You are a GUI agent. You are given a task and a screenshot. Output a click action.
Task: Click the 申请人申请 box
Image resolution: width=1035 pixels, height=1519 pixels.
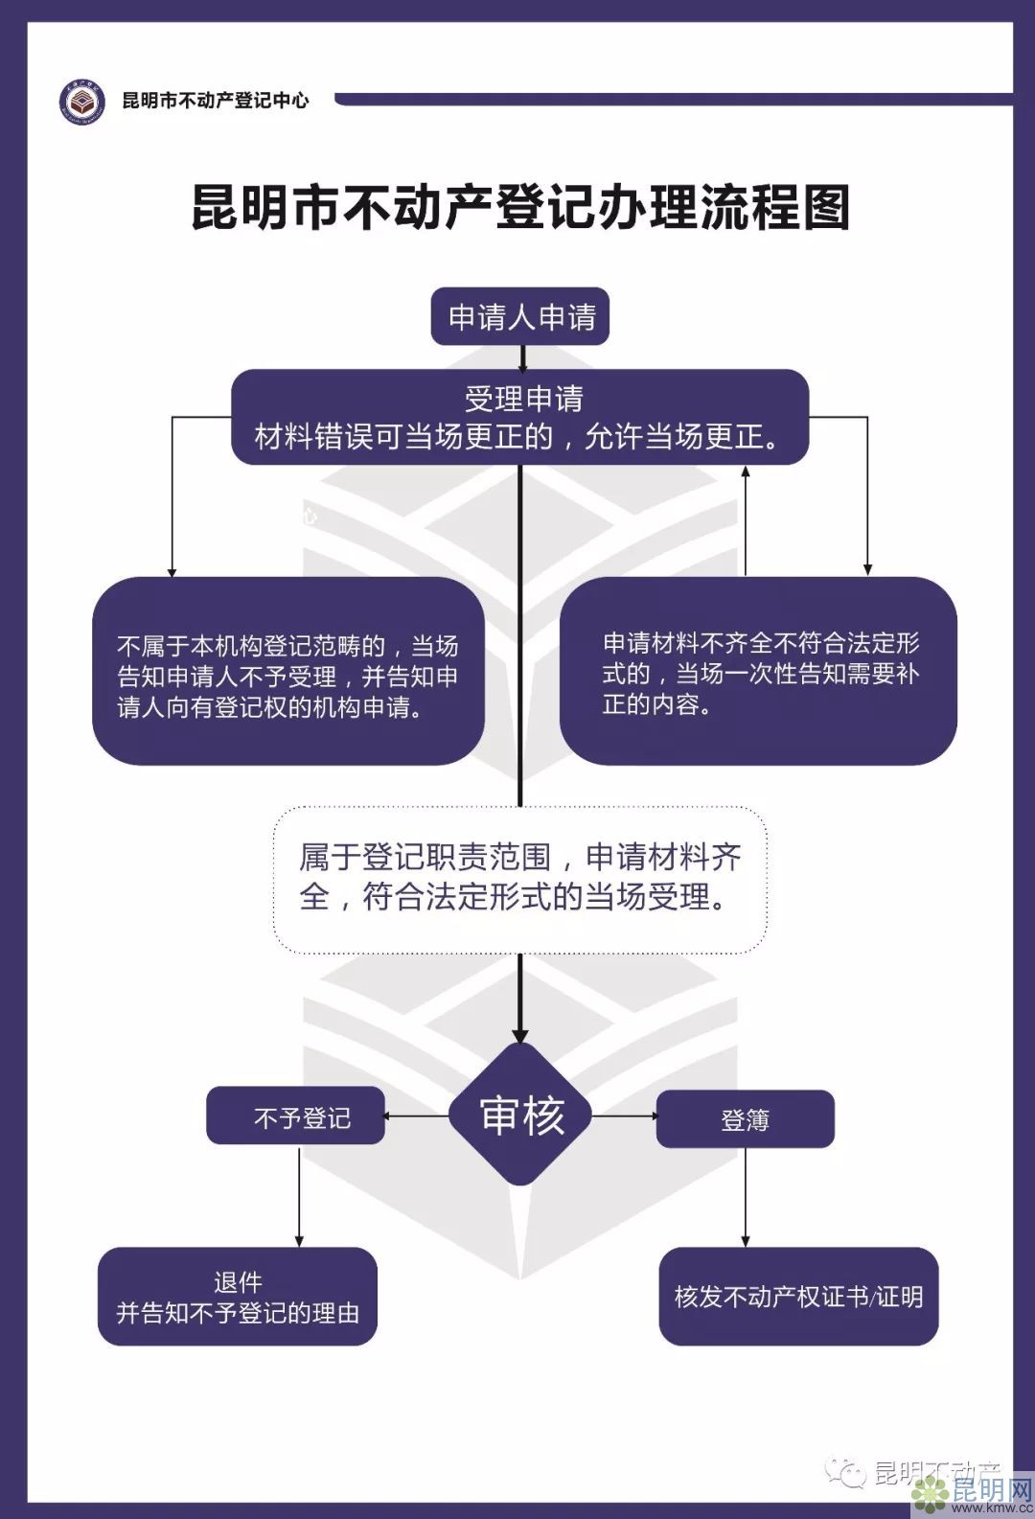click(x=520, y=316)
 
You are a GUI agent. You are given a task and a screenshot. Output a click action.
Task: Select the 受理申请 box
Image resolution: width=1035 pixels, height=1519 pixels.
click(x=520, y=417)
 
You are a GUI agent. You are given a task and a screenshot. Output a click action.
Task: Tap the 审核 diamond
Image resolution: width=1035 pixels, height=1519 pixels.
click(x=520, y=1115)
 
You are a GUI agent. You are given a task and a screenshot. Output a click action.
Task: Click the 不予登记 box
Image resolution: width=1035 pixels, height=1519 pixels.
click(x=295, y=1116)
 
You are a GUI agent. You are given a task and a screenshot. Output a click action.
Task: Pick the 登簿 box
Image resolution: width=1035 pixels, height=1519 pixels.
click(x=745, y=1118)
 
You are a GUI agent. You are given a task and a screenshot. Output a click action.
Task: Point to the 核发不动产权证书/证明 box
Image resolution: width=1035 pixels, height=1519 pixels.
click(x=798, y=1296)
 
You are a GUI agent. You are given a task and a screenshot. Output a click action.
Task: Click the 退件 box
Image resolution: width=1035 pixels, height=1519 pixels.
click(x=238, y=1296)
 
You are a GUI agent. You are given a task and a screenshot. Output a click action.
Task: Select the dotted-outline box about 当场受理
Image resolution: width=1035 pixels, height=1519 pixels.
click(x=520, y=879)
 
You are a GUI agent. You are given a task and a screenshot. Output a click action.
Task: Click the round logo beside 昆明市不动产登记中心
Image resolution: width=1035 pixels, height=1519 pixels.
click(x=81, y=101)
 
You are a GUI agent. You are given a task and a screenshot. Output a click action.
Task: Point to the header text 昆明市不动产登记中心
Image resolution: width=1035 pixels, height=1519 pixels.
click(x=216, y=101)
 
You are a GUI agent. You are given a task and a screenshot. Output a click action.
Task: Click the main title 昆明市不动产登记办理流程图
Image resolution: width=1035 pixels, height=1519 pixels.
click(x=520, y=207)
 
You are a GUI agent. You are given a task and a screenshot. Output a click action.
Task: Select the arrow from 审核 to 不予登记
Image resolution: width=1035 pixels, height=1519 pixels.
click(x=417, y=1116)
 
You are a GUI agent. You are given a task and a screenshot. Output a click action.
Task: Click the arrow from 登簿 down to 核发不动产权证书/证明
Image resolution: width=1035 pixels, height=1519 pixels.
click(x=745, y=1198)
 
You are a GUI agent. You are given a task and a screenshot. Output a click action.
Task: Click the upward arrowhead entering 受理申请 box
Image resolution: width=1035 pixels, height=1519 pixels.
click(x=745, y=472)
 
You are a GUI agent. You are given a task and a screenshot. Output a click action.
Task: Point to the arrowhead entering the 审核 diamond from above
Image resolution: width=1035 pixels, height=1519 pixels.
click(x=520, y=1035)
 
